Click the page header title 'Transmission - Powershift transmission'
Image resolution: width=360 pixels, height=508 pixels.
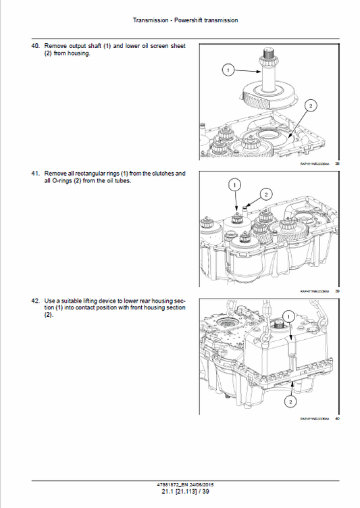tap(185, 20)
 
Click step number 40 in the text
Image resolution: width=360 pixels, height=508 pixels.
tap(36, 47)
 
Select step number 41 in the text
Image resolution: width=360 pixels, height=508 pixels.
tap(36, 174)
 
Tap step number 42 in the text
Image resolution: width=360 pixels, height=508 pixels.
tap(36, 300)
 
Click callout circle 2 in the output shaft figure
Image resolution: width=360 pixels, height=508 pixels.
tap(310, 105)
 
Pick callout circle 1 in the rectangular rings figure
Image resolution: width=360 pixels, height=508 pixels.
tap(234, 184)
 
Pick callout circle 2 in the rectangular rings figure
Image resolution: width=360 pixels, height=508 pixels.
tap(265, 195)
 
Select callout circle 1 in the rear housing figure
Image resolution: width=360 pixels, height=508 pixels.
tap(289, 316)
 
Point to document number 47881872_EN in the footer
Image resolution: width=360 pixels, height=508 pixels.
tap(169, 485)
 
